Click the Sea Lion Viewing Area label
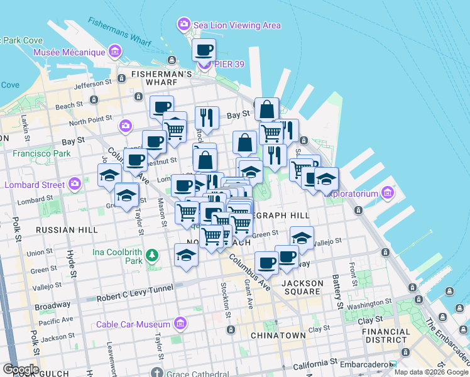tap(236, 25)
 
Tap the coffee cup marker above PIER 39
tap(203, 50)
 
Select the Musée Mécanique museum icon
tap(115, 50)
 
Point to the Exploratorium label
tap(356, 191)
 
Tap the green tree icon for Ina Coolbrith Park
tap(151, 255)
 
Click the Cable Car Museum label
tap(133, 324)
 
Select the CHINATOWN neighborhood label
tap(278, 336)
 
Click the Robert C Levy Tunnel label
tap(133, 298)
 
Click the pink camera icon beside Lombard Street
tap(75, 184)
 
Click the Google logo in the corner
tap(20, 369)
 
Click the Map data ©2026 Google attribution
tap(430, 372)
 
